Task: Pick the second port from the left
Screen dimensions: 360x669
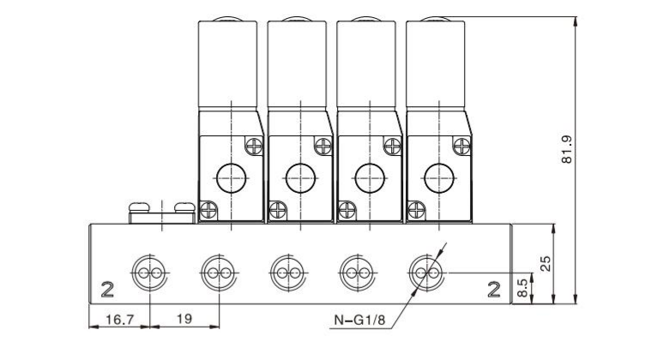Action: (x=217, y=273)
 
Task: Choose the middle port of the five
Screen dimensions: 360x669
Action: (x=286, y=273)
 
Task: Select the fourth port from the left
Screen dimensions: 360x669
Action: (x=354, y=273)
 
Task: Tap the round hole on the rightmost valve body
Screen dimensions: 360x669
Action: (x=438, y=178)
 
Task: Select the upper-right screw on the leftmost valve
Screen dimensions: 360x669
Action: (x=254, y=147)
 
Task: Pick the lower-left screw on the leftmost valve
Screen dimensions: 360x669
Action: (x=208, y=207)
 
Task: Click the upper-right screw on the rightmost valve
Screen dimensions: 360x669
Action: (x=461, y=147)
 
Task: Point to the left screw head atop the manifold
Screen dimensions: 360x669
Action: (x=140, y=206)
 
